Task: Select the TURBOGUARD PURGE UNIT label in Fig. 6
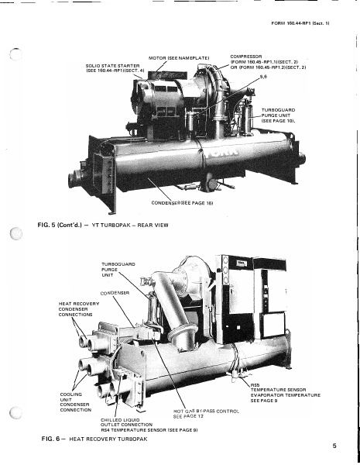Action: click(118, 270)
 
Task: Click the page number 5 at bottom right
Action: click(334, 446)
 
